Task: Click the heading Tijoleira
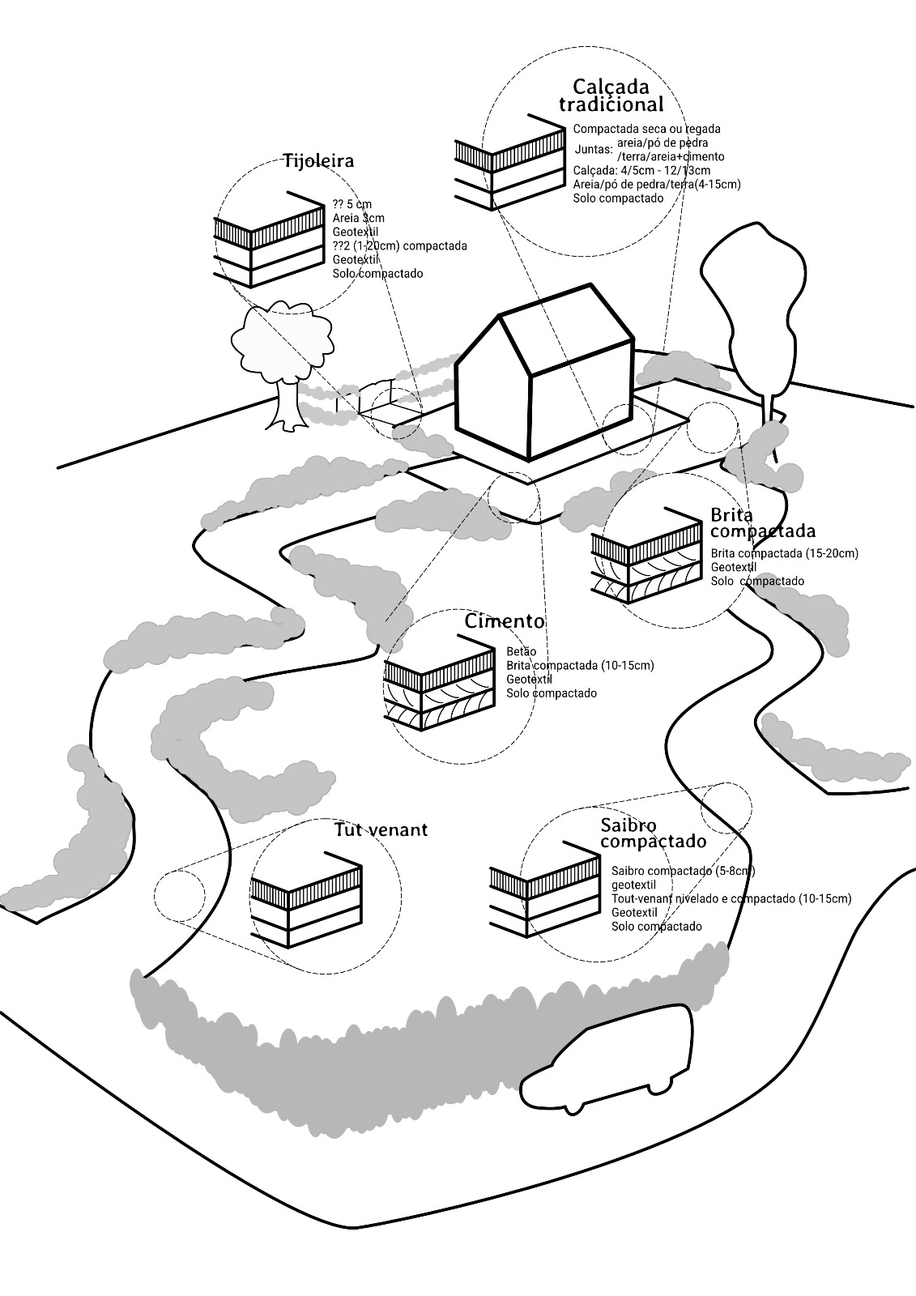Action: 318,160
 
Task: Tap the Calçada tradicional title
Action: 611,95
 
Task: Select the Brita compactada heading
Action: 762,523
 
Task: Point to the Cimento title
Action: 505,621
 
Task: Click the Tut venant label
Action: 381,830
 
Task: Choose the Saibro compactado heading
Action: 654,833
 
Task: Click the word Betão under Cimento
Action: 521,651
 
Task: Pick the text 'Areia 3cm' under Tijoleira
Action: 358,218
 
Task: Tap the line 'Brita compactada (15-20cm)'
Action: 784,553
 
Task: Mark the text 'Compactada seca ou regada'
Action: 646,129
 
